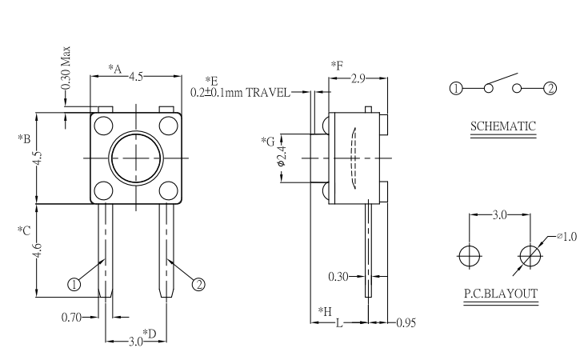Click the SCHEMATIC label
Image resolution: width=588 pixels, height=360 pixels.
point(502,126)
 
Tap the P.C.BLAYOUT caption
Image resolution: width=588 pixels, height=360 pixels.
point(501,294)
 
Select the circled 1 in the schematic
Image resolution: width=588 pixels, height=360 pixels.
point(455,89)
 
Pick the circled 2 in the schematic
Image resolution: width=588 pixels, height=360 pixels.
point(550,89)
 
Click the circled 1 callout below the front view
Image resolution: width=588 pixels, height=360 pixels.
point(74,283)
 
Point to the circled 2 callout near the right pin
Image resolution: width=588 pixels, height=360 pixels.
point(198,282)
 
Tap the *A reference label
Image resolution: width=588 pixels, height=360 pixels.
point(114,69)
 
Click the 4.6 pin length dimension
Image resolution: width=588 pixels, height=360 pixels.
point(37,250)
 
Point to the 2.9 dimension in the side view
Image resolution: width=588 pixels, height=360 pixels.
point(358,78)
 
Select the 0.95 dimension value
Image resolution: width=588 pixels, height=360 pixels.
point(406,323)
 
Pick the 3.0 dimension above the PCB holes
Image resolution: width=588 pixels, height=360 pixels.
point(498,215)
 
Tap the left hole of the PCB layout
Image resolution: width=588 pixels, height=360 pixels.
point(470,255)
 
